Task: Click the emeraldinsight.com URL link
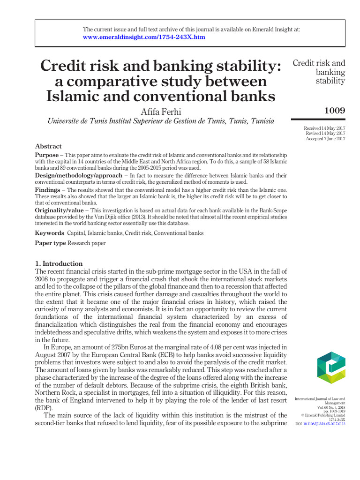point(144,37)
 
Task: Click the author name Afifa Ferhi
point(161,112)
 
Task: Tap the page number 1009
point(335,111)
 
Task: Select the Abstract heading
point(48,146)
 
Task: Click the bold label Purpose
point(47,155)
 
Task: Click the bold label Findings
point(47,191)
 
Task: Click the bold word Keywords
point(50,233)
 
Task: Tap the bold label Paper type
point(51,243)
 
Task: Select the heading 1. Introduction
point(59,263)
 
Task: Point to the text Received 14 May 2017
point(325,128)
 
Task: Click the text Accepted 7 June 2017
point(325,139)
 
